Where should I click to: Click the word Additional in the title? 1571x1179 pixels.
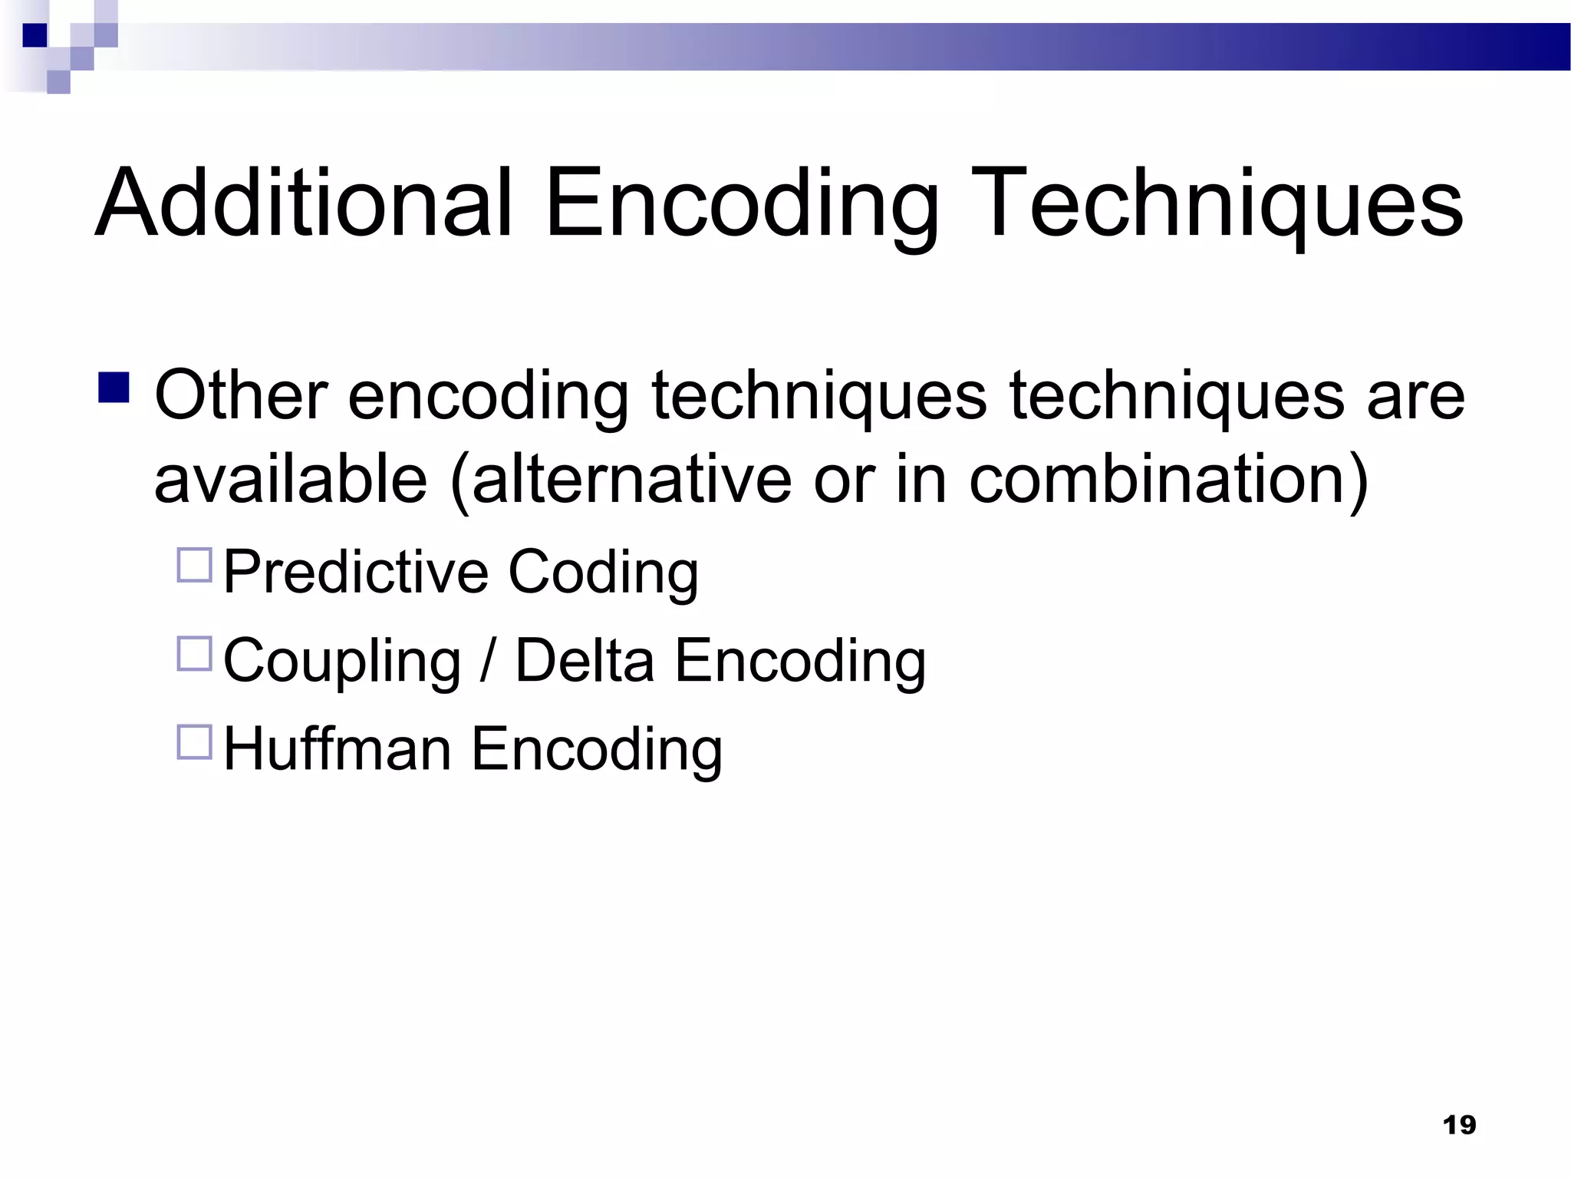(304, 203)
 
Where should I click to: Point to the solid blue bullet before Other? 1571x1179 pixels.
(114, 388)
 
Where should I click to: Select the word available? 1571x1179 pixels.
(291, 480)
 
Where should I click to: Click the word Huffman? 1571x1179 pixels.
(338, 748)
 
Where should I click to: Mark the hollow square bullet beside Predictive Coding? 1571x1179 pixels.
(194, 565)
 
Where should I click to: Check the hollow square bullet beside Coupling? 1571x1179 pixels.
(194, 654)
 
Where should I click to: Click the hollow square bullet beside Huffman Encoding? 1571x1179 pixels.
(194, 742)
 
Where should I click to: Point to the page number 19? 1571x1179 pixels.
(1459, 1125)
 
